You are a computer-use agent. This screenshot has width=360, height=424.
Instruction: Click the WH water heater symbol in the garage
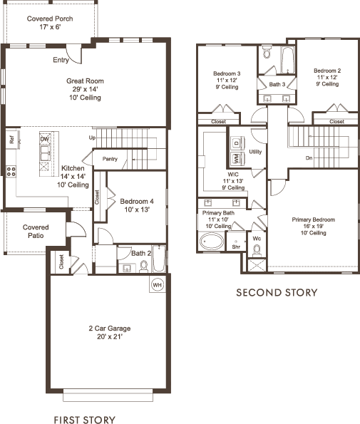tap(157, 285)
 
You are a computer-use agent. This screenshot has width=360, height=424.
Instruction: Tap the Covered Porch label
tap(50, 19)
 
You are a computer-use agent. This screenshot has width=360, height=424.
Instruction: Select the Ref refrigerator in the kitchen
tap(12, 140)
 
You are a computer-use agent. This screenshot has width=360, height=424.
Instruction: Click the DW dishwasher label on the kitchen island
tap(45, 139)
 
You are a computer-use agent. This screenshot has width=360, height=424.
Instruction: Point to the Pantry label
tap(110, 159)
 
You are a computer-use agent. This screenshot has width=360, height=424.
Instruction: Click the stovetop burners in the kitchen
tap(11, 172)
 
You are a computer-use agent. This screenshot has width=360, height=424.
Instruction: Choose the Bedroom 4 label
tap(137, 201)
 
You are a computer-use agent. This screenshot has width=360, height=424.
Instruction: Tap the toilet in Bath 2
tap(144, 266)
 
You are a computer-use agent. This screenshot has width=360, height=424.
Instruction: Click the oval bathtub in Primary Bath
tap(212, 241)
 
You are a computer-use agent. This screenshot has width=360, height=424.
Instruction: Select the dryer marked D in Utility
tap(237, 143)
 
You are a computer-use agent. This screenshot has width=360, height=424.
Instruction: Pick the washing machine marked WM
tap(237, 158)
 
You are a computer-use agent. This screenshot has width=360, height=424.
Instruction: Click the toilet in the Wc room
tap(256, 250)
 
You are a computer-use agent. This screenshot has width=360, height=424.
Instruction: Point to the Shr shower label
tap(236, 247)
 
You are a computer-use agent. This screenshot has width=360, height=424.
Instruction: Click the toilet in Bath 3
tap(267, 52)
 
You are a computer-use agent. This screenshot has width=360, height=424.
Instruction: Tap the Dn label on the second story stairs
tap(309, 157)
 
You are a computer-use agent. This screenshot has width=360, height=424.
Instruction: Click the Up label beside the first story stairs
tap(92, 138)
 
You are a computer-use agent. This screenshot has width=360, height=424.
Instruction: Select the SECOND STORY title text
tap(277, 293)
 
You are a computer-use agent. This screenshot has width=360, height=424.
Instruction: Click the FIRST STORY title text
tap(85, 420)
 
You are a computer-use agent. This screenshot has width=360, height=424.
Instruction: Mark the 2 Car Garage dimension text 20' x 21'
tap(110, 336)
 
